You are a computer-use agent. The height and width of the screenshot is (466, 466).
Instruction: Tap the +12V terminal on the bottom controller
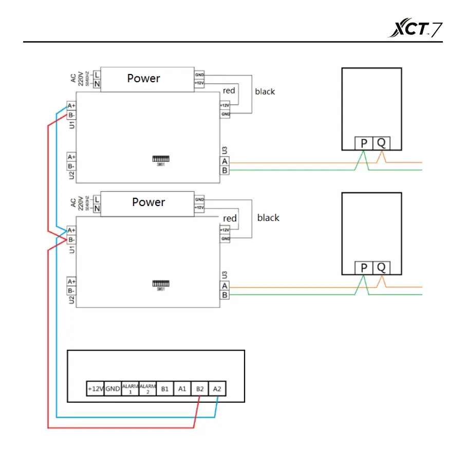[96, 389]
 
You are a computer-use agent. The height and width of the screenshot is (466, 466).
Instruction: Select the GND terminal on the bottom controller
[113, 389]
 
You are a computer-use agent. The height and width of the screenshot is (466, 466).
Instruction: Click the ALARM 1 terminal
[130, 389]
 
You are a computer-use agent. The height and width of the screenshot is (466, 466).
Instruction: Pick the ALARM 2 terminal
[147, 389]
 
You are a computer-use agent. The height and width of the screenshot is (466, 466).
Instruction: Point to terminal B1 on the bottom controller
[165, 389]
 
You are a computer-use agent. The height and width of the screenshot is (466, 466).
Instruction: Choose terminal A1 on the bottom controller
[182, 389]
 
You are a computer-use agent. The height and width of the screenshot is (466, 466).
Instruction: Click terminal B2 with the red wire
[199, 389]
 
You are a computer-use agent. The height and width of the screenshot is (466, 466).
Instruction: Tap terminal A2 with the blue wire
[217, 389]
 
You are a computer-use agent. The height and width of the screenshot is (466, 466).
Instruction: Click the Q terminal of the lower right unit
[381, 267]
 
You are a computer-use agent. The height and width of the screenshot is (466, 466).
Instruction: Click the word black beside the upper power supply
[265, 92]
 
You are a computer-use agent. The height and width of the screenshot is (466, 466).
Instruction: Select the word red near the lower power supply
[230, 218]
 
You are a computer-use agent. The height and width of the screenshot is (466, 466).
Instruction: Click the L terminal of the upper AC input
[97, 74]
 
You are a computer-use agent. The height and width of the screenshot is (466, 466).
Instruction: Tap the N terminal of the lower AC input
[97, 208]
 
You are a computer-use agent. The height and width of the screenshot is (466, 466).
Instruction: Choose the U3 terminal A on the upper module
[225, 161]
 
